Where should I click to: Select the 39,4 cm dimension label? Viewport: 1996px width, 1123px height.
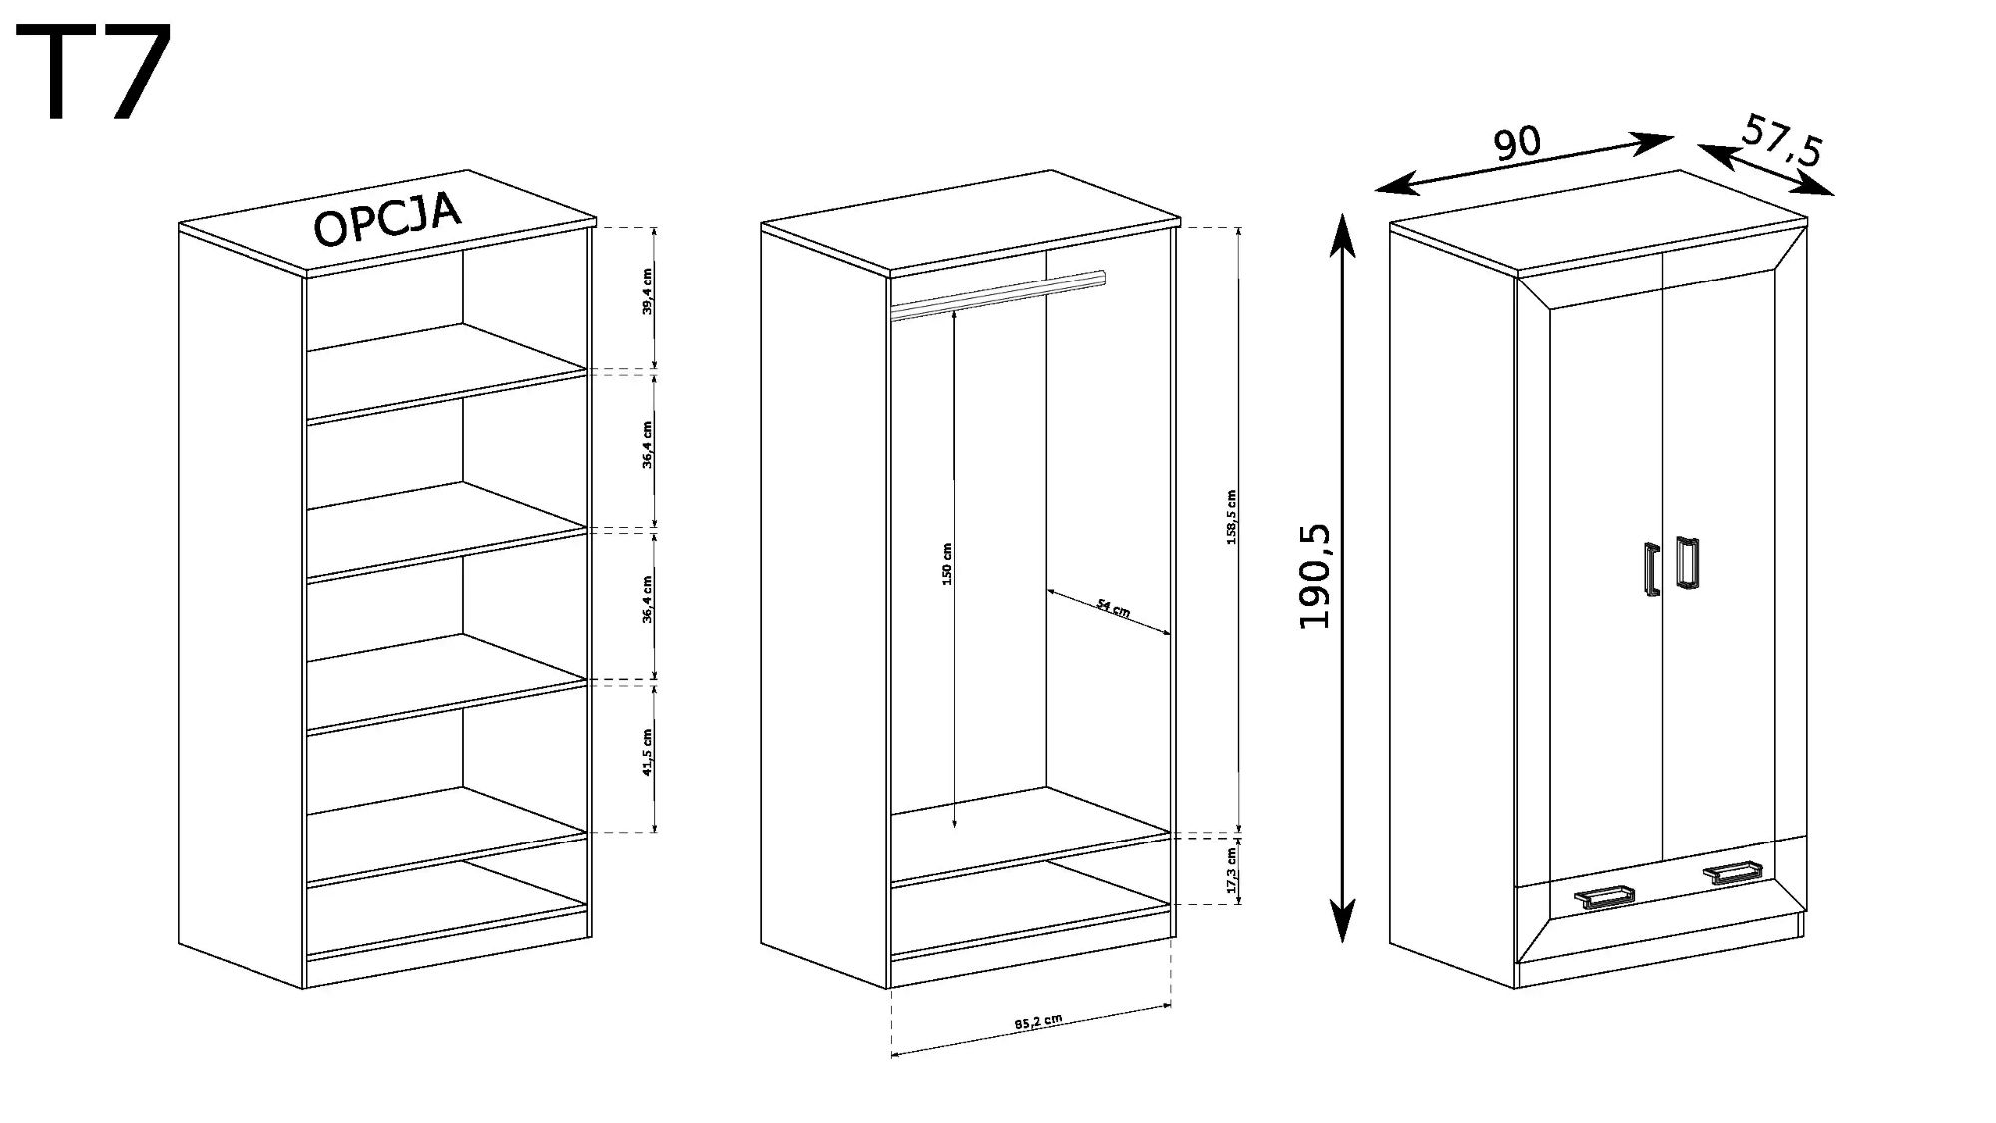(x=647, y=291)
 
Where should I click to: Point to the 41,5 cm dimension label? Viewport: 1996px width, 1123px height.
(x=647, y=752)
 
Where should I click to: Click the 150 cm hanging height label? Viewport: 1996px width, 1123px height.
(x=947, y=564)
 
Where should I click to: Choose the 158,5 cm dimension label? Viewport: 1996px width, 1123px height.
(x=1231, y=517)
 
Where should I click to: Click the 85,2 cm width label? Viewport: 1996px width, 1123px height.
(x=1037, y=1023)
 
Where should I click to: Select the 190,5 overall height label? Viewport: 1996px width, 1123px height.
(x=1317, y=576)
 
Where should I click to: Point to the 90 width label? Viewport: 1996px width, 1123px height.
(x=1517, y=144)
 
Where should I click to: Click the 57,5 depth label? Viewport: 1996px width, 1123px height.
(x=1783, y=140)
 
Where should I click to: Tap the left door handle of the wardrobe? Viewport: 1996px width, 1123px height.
(x=1650, y=569)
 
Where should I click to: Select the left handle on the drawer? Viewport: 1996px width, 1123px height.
(x=1604, y=896)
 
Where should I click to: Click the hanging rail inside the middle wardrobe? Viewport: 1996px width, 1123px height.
(x=998, y=295)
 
